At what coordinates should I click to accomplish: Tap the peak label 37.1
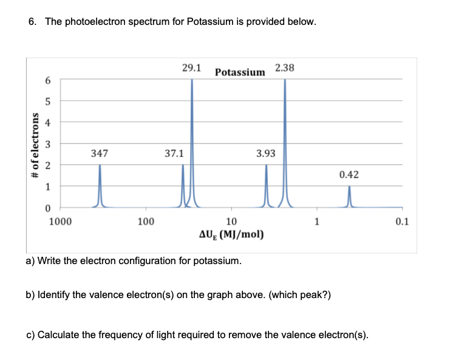pos(174,154)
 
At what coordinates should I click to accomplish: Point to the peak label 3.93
pos(265,154)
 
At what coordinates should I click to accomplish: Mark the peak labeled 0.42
pos(349,196)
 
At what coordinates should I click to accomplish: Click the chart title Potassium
pos(240,73)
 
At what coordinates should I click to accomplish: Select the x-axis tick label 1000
pos(60,222)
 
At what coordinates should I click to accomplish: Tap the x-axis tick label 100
pos(145,222)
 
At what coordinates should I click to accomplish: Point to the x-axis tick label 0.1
pos(401,222)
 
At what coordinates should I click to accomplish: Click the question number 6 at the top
pos(32,22)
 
